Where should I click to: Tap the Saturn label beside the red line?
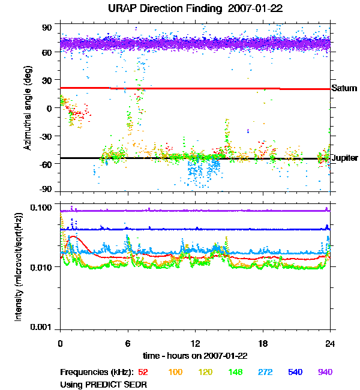pos(344,88)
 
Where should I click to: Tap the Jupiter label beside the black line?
pos(344,158)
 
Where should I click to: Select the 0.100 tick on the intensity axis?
pos(43,208)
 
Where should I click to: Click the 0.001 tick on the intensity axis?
pos(43,327)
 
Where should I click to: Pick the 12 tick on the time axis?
pos(195,343)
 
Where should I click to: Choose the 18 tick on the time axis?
pos(263,343)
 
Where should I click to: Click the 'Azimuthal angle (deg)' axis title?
pos(27,108)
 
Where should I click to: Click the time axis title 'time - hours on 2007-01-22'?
pos(195,355)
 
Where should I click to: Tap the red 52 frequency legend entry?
pos(144,372)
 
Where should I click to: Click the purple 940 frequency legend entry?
pos(325,372)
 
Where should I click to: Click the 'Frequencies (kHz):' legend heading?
pos(96,372)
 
